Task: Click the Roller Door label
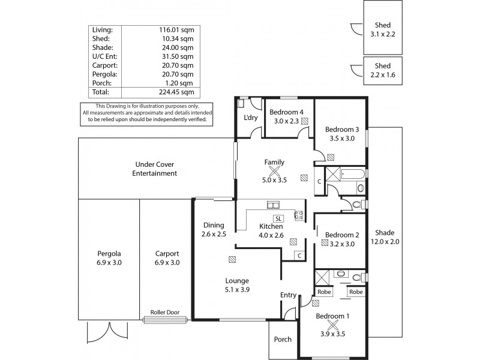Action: click(x=165, y=312)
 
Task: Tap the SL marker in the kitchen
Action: click(x=278, y=218)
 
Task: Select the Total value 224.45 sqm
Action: click(x=178, y=92)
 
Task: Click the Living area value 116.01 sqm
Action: click(x=178, y=29)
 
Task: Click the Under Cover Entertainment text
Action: click(x=155, y=169)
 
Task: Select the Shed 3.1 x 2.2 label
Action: click(x=383, y=29)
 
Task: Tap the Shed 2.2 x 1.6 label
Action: click(x=383, y=71)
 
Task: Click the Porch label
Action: click(x=283, y=340)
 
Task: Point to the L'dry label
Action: click(x=250, y=118)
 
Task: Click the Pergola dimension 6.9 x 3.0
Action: click(x=109, y=262)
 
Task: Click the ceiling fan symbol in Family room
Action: click(x=274, y=170)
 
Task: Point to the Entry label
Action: click(x=289, y=295)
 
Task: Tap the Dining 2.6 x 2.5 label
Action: click(x=214, y=230)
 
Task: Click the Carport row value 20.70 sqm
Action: click(x=178, y=65)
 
